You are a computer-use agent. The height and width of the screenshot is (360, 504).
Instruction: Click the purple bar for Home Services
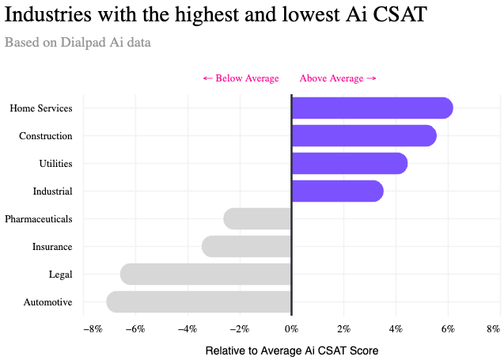click(372, 108)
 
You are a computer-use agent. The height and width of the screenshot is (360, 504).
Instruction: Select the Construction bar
click(363, 136)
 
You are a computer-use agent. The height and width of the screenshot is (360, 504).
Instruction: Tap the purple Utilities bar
click(349, 164)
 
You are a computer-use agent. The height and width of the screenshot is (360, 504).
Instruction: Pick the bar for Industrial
click(337, 191)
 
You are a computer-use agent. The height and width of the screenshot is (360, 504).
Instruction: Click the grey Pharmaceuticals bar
click(258, 219)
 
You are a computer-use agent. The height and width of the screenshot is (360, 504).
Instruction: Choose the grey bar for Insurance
click(247, 247)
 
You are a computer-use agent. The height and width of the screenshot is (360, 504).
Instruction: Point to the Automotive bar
click(199, 302)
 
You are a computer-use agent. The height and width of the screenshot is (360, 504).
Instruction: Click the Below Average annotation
click(241, 78)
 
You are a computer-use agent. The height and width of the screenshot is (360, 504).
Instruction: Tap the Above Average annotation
click(338, 78)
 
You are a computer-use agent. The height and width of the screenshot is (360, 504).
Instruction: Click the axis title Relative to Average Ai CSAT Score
click(291, 350)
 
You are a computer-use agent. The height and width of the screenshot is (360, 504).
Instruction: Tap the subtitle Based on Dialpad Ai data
click(78, 43)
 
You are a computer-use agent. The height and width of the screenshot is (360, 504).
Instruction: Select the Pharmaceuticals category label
click(38, 219)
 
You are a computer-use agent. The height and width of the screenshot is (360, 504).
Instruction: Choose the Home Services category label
click(41, 108)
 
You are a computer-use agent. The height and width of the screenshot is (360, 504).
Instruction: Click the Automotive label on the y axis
click(48, 302)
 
